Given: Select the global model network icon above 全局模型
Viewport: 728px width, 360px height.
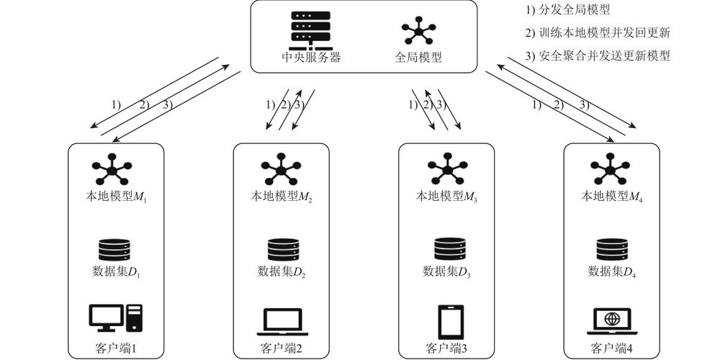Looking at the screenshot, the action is coord(419,31).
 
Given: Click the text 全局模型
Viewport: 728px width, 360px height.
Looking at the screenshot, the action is coord(418,58).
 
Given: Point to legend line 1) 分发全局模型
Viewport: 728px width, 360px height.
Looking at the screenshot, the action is coord(567,10).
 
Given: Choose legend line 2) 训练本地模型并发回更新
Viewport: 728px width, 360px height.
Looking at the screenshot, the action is coord(598,33).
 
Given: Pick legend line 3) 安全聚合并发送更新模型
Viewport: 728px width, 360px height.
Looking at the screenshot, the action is coord(598,56).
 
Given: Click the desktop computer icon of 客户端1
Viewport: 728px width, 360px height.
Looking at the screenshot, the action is coord(116,318).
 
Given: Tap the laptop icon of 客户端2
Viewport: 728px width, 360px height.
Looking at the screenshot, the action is coord(282,322).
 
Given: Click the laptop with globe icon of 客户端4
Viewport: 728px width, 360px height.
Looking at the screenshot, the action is coord(612,321).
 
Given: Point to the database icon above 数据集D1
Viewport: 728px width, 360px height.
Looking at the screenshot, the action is coord(114,250).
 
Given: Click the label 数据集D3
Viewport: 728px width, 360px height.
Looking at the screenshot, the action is coord(446,271).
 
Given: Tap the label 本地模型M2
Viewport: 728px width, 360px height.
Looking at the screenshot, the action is coord(282,197).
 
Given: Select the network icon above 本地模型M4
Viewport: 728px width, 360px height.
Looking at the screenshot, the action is coord(610,169).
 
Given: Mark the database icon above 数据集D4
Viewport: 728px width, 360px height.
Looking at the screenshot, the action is coord(612,250).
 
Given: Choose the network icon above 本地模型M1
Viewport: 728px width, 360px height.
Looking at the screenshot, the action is coord(112,169).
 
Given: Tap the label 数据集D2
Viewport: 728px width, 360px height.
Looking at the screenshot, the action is coord(282,271).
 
